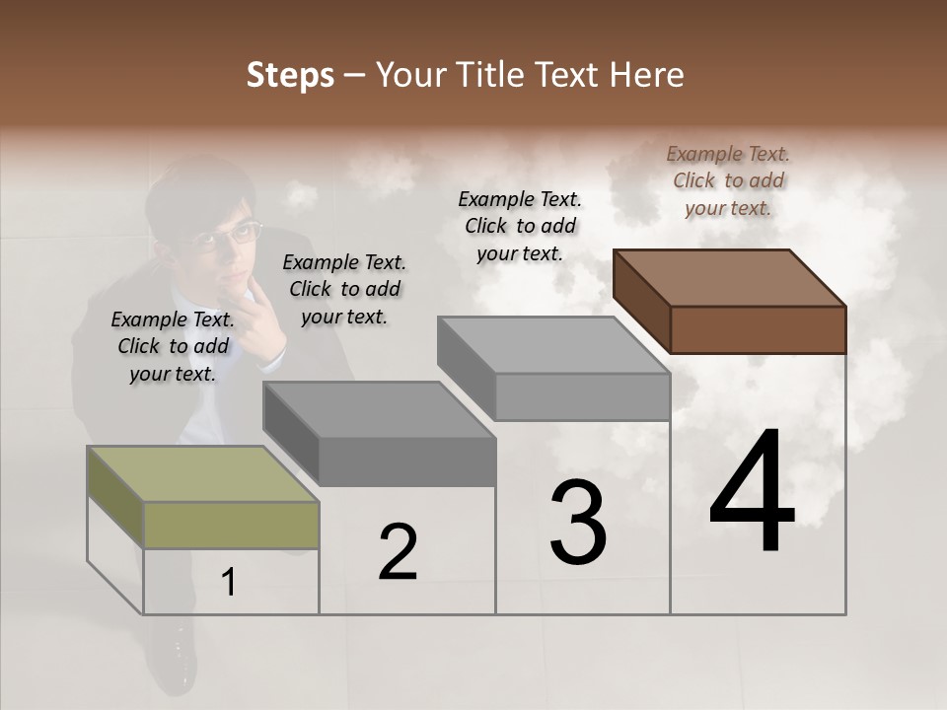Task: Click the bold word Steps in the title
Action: (290, 75)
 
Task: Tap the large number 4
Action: (752, 492)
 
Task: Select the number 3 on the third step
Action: (578, 522)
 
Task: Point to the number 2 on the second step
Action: (399, 552)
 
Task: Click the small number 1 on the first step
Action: (229, 583)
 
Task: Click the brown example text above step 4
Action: (728, 180)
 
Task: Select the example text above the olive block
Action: (173, 346)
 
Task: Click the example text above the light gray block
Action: (520, 226)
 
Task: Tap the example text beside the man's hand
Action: (344, 289)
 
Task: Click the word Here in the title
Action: (650, 75)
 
